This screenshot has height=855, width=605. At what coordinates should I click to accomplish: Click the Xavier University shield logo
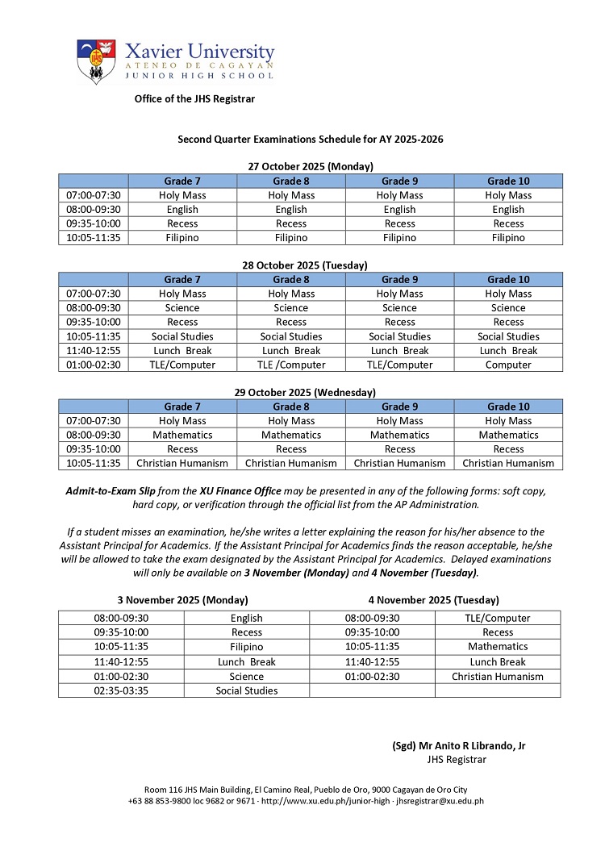(96, 61)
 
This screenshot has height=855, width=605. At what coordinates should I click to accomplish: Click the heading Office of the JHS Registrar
(194, 98)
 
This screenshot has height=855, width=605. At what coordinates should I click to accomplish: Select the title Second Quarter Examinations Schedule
(310, 139)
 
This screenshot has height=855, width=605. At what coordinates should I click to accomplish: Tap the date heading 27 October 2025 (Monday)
(310, 166)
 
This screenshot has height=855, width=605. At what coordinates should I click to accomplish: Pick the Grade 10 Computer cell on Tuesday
(508, 365)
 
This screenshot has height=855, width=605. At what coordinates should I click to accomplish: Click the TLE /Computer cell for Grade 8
(291, 365)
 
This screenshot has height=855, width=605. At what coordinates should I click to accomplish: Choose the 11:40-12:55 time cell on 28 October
(93, 351)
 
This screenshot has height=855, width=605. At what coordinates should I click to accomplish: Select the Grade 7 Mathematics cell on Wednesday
(182, 435)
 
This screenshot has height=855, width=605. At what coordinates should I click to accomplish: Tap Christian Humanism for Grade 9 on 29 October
(399, 463)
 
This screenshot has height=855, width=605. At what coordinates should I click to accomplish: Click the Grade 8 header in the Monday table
(291, 181)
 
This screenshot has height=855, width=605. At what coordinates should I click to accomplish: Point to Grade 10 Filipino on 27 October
(508, 238)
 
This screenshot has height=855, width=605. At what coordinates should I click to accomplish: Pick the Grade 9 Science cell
(399, 308)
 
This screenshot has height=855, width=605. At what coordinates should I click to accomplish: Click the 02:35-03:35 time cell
(121, 690)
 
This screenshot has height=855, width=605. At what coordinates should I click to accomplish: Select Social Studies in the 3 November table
(247, 690)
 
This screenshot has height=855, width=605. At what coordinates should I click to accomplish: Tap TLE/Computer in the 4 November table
(498, 618)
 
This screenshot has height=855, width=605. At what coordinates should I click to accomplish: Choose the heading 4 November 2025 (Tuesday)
(433, 600)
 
